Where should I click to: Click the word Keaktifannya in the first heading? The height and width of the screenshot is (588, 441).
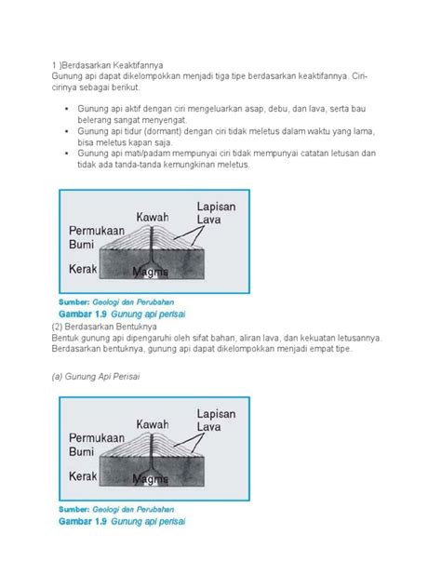click(x=134, y=64)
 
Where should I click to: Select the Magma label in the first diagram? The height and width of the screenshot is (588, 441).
click(x=149, y=272)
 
